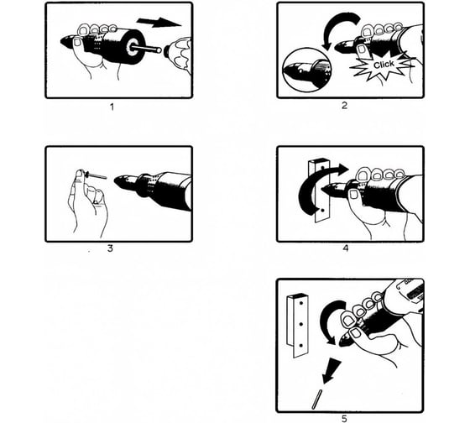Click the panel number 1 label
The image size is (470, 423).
tap(112, 107)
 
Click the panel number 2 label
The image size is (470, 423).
tap(344, 106)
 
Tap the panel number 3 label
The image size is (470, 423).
tap(110, 248)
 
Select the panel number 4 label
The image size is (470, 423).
tap(346, 248)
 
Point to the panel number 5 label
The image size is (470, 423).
tap(344, 419)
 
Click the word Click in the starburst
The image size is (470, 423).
tap(384, 65)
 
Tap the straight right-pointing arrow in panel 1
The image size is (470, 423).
tap(159, 22)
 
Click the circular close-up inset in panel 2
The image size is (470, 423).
tap(306, 70)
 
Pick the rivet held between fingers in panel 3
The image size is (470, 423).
tap(96, 175)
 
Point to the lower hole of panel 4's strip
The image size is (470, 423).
tap(322, 211)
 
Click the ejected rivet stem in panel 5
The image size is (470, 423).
tap(317, 399)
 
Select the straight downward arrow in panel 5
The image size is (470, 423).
tap(332, 371)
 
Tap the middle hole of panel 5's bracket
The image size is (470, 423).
tap(301, 324)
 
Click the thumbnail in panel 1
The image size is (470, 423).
tap(77, 42)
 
